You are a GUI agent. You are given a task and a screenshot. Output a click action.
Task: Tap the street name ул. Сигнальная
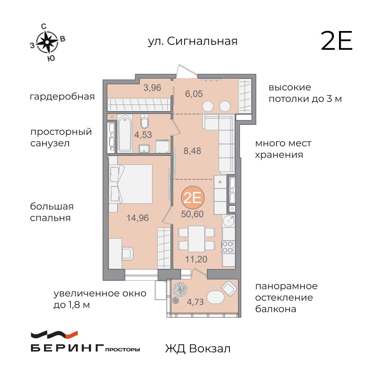coord(193,41)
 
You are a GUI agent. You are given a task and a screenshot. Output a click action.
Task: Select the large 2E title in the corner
coord(336,41)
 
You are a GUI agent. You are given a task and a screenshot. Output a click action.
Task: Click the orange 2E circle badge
coord(193,198)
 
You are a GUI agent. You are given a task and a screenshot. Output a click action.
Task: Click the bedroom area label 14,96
coord(137,218)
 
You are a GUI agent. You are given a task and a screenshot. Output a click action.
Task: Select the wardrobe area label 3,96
coord(152,88)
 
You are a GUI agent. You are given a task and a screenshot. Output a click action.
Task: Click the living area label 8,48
coord(192,150)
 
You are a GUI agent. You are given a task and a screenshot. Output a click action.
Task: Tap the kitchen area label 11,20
coord(196,259)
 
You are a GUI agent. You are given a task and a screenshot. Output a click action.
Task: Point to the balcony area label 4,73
coord(195,301)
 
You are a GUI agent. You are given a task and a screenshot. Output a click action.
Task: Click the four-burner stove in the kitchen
coord(228,246)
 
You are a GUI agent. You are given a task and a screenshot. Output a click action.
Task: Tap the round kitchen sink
coord(229,221)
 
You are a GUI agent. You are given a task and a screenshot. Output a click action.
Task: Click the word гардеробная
coord(62,97)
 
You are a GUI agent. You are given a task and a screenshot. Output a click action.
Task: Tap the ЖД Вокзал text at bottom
coord(198,349)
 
